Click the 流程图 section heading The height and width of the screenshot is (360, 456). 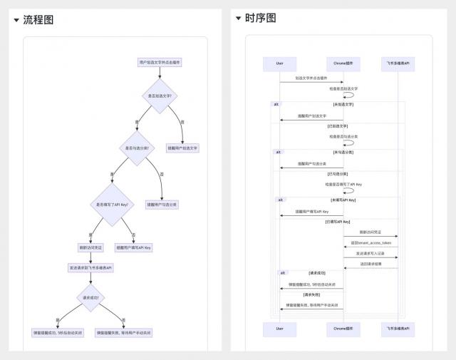38,20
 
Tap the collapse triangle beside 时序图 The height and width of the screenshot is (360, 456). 238,18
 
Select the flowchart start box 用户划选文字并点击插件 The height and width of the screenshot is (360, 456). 160,63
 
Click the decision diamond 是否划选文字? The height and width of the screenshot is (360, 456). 160,96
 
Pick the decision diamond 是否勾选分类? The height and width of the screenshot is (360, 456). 137,148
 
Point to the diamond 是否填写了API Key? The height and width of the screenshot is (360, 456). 112,205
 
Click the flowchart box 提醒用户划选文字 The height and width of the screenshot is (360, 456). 183,148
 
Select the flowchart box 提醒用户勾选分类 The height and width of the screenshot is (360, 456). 162,205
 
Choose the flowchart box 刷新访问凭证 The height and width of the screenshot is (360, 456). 90,247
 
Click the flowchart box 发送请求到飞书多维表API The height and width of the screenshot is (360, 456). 90,268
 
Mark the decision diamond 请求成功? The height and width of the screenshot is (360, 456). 90,297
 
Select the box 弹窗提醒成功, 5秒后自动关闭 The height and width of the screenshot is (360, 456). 58,332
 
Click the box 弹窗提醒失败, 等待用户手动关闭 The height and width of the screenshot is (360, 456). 124,332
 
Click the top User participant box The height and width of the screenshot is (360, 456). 280,63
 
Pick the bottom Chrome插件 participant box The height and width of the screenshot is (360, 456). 343,329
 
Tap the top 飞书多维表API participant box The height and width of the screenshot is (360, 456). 398,63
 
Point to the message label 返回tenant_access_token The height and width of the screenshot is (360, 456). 370,242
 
